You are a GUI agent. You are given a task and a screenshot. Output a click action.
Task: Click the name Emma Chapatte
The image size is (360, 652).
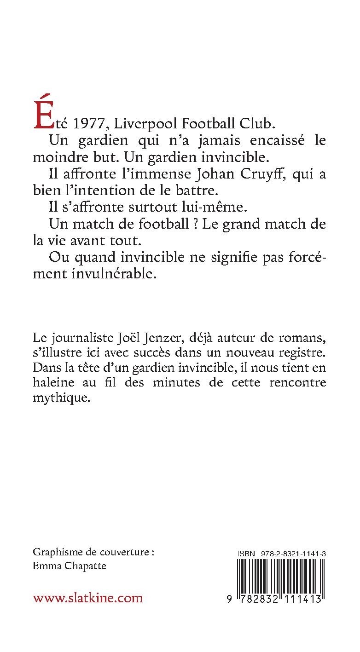point(70,566)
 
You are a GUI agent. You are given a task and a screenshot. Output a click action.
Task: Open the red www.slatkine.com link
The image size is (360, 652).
point(87,598)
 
